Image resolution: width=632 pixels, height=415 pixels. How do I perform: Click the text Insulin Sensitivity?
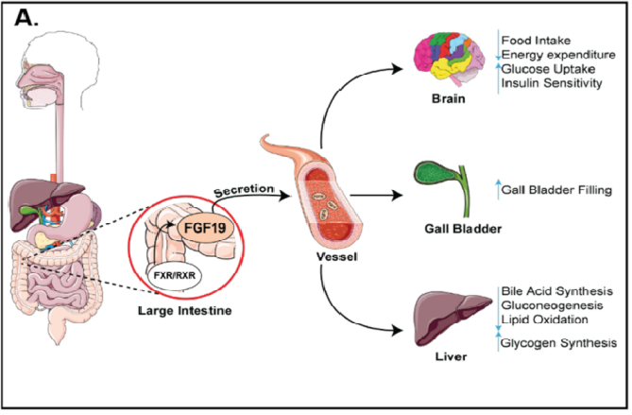click(x=553, y=83)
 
